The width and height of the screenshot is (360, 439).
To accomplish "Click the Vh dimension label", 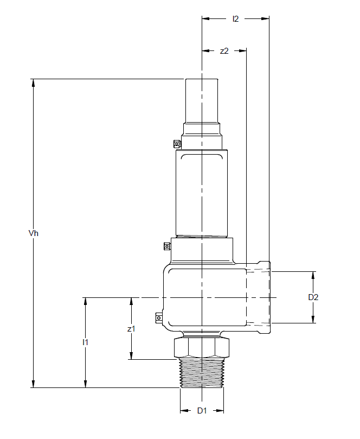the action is click(x=33, y=233).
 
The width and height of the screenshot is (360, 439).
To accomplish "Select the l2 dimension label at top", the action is click(x=235, y=19).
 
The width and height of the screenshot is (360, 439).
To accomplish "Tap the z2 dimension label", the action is click(x=224, y=50).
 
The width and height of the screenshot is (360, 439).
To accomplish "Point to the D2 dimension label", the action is click(x=313, y=297).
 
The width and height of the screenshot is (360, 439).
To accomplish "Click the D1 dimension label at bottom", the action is click(x=202, y=411).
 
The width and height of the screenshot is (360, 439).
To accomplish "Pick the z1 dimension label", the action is click(x=131, y=328).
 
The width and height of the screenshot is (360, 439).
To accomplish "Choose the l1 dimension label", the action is click(x=85, y=342).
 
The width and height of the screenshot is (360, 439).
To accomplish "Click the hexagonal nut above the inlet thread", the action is click(x=202, y=348).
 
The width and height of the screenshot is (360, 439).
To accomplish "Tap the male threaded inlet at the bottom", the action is click(x=202, y=373).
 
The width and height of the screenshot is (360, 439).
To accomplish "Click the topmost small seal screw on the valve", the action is click(x=177, y=144).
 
